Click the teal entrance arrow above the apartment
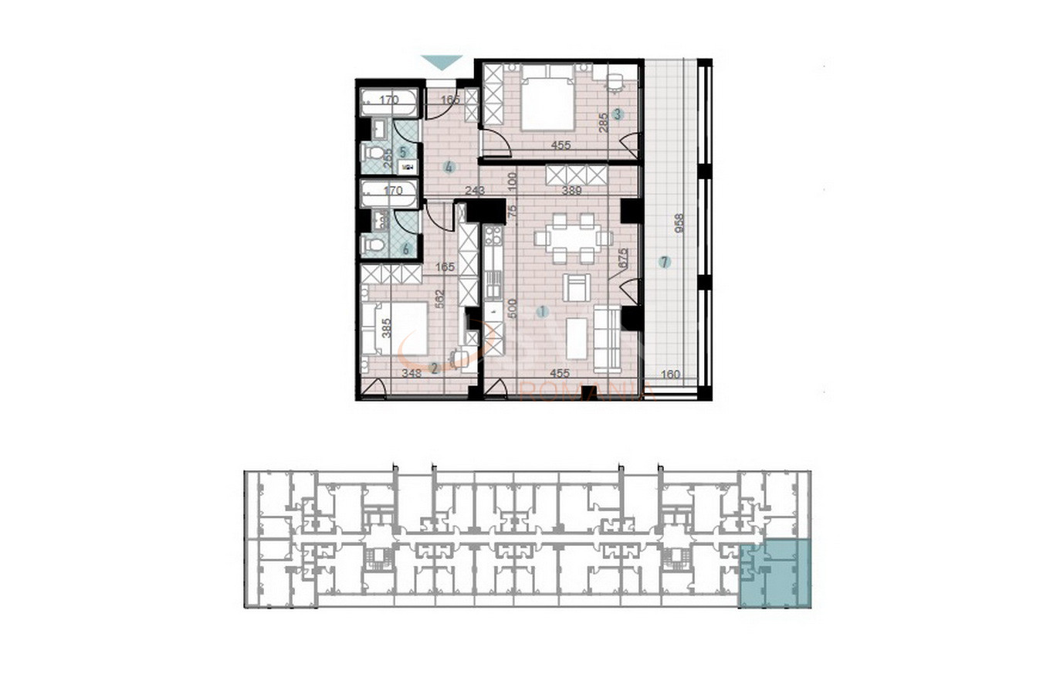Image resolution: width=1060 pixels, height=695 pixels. pyautogui.click(x=442, y=62)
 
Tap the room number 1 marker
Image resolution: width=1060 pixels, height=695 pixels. pyautogui.click(x=542, y=312)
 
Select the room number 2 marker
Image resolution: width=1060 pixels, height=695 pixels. pyautogui.click(x=434, y=368)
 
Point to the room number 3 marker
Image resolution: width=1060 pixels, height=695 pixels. pyautogui.click(x=617, y=114)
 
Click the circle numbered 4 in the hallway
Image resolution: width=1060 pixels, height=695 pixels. pyautogui.click(x=449, y=167)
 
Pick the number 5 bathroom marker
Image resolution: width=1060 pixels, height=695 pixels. pyautogui.click(x=402, y=152)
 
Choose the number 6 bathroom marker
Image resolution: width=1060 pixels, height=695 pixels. pyautogui.click(x=405, y=249)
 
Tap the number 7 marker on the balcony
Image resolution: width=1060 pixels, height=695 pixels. pyautogui.click(x=665, y=262)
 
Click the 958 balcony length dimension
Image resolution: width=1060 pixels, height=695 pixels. pyautogui.click(x=679, y=223)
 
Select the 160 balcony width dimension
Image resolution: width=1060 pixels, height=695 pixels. pyautogui.click(x=671, y=375)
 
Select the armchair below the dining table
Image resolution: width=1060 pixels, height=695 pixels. pyautogui.click(x=576, y=287)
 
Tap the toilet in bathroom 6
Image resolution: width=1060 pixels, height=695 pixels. pyautogui.click(x=374, y=246)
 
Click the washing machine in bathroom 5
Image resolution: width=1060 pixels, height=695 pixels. pyautogui.click(x=407, y=168)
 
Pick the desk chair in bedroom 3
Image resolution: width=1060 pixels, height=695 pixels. pyautogui.click(x=615, y=81)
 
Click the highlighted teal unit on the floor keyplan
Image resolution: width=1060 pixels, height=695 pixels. pyautogui.click(x=776, y=575)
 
